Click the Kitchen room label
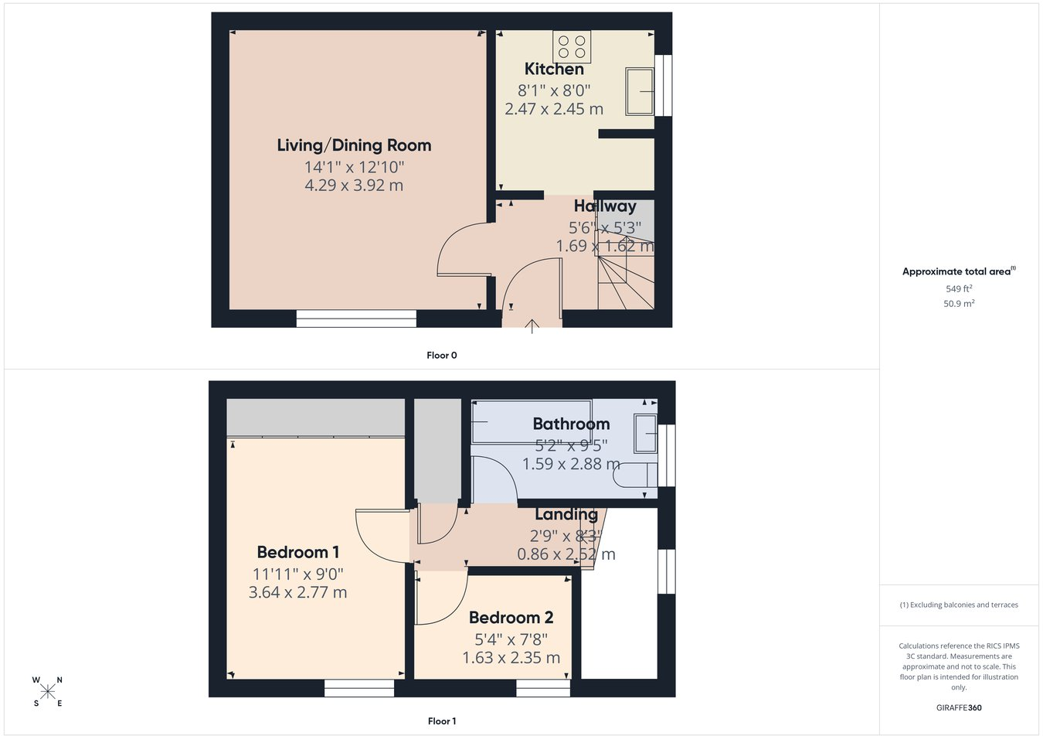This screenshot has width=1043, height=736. [x=554, y=69]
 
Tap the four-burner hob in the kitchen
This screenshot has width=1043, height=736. [x=572, y=46]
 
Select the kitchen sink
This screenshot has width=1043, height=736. [x=640, y=91]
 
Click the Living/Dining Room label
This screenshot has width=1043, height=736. [x=354, y=145]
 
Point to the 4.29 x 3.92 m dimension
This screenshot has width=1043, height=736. [x=354, y=186]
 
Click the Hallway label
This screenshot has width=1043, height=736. [x=605, y=206]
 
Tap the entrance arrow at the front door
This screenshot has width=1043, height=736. [x=532, y=326]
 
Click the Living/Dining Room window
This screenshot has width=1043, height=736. [x=356, y=319]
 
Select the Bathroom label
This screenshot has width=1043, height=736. [x=571, y=424]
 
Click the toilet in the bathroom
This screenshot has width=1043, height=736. [x=635, y=475]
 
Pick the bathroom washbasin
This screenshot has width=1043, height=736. [x=645, y=434]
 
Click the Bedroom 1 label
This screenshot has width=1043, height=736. [x=298, y=553]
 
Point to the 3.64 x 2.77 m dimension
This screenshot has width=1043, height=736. [x=298, y=592]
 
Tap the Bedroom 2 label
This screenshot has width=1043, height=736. [x=511, y=618]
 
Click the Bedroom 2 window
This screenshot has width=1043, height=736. [x=543, y=688]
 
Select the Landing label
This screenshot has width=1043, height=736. [x=566, y=514]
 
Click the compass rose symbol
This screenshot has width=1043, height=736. [x=47, y=692]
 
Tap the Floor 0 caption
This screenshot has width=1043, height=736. [x=442, y=356]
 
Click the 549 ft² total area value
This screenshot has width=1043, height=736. [x=959, y=289]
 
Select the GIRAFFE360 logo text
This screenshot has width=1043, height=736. [x=959, y=707]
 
